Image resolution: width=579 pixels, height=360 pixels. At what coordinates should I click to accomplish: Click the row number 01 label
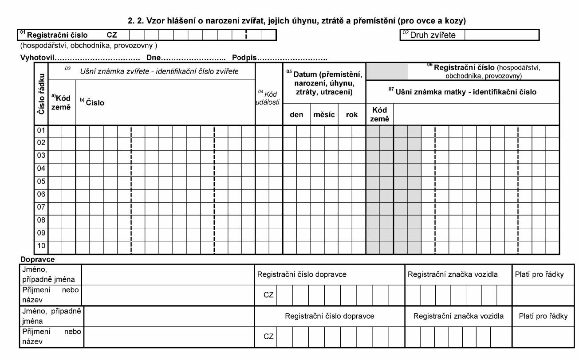41,131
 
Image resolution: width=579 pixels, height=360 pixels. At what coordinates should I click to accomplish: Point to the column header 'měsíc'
324,114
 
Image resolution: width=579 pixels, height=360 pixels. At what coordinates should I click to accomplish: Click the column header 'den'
296,114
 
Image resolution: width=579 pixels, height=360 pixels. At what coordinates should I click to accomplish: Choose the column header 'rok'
352,114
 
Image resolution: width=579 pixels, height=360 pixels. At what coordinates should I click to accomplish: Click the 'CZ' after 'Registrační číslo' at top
112,35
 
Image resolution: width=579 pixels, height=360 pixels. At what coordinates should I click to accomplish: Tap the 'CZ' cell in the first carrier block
268,295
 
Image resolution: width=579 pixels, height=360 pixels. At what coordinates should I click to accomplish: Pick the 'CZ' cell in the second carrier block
268,337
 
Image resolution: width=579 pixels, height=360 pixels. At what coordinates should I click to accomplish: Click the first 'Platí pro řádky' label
539,274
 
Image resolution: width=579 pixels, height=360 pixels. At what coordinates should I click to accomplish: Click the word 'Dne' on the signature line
154,58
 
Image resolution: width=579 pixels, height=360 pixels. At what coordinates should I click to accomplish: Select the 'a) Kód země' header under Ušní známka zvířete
62,102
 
